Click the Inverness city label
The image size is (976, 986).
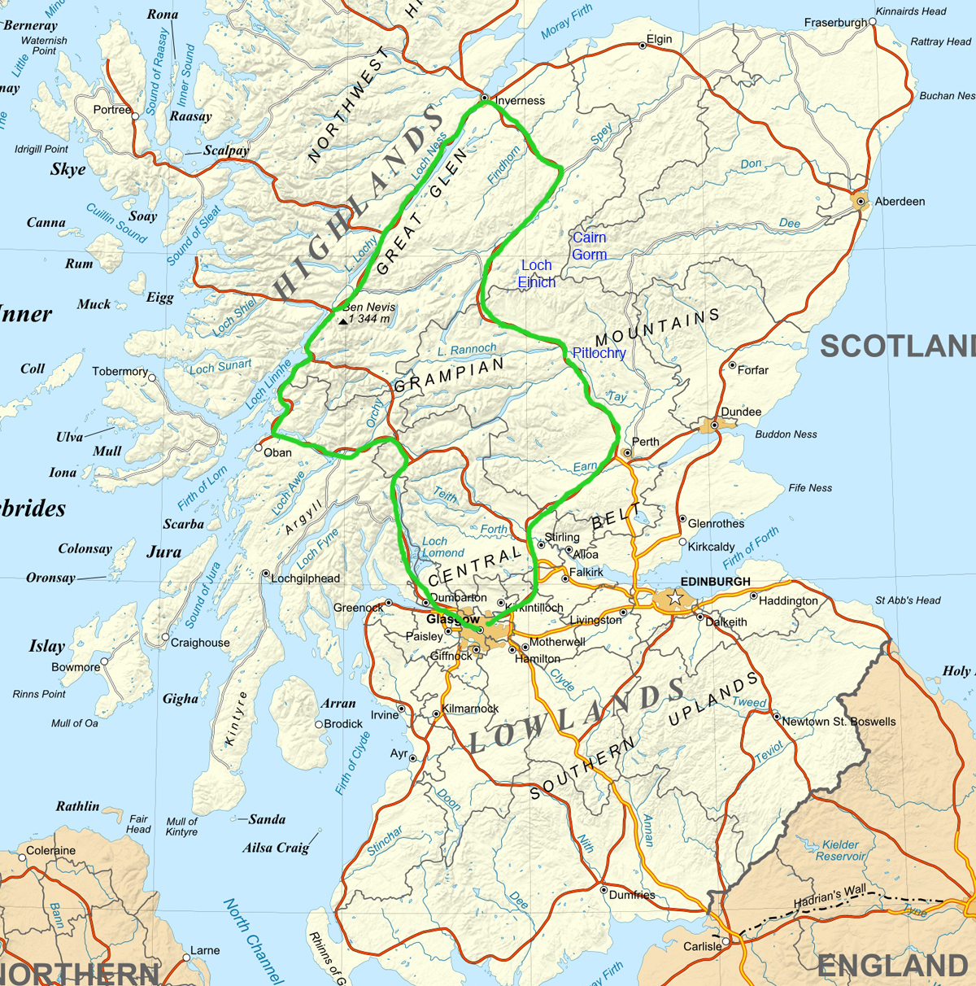pos(520,101)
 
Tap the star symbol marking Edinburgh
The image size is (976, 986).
pos(674,599)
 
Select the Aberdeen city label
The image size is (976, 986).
pos(900,201)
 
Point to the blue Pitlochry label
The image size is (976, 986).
pos(599,353)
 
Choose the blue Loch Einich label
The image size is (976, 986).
pos(537,273)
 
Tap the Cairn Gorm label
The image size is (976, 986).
pos(589,246)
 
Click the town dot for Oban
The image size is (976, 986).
pos(259,447)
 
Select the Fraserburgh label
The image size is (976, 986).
pos(835,23)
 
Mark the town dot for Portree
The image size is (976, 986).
pos(135,116)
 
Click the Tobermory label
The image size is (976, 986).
pos(120,371)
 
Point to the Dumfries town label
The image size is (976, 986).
pos(632,895)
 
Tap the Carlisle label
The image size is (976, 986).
pos(702,946)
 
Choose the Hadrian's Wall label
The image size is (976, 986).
pos(830,896)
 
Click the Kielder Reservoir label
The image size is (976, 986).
pos(840,850)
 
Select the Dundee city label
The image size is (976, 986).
pos(741,412)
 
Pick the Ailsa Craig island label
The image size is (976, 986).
pos(276,848)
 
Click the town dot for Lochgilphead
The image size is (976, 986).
pos(265,574)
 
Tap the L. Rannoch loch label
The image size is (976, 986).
pos(467,350)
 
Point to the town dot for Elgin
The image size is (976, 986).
pos(643,46)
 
